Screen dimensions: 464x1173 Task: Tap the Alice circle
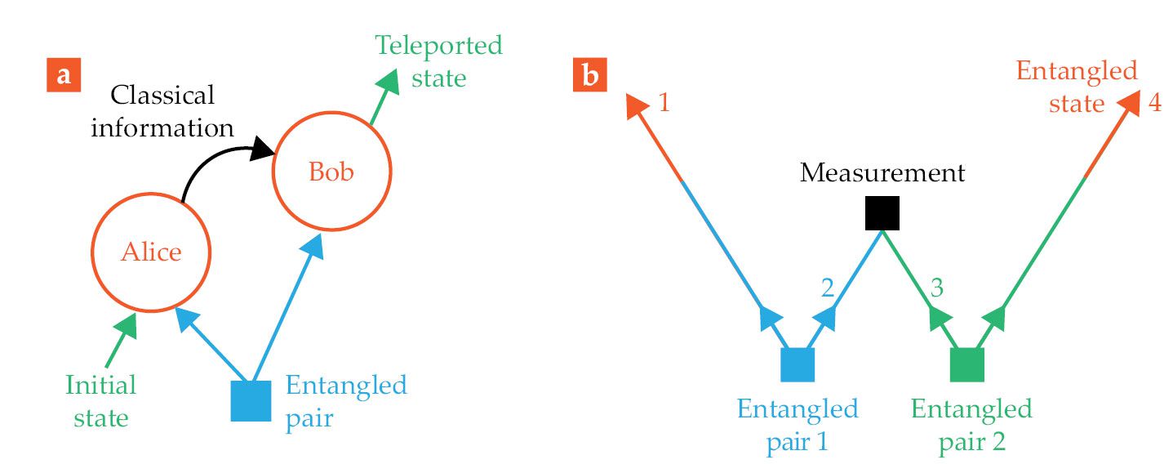[151, 252]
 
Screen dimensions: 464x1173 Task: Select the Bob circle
[331, 172]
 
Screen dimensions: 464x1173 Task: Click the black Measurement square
[882, 213]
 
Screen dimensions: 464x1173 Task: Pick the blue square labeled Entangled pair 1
[798, 365]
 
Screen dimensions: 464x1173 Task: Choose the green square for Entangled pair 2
[968, 365]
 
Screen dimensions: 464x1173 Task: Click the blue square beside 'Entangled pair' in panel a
[251, 400]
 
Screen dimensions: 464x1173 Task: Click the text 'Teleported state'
[439, 60]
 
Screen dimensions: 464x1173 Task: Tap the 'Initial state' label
[101, 401]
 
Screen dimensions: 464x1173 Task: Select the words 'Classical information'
[162, 111]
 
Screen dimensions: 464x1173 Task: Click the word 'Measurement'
[882, 173]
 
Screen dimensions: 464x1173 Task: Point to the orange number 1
[664, 105]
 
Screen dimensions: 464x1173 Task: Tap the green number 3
[937, 288]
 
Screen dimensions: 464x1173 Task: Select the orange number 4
[1153, 105]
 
